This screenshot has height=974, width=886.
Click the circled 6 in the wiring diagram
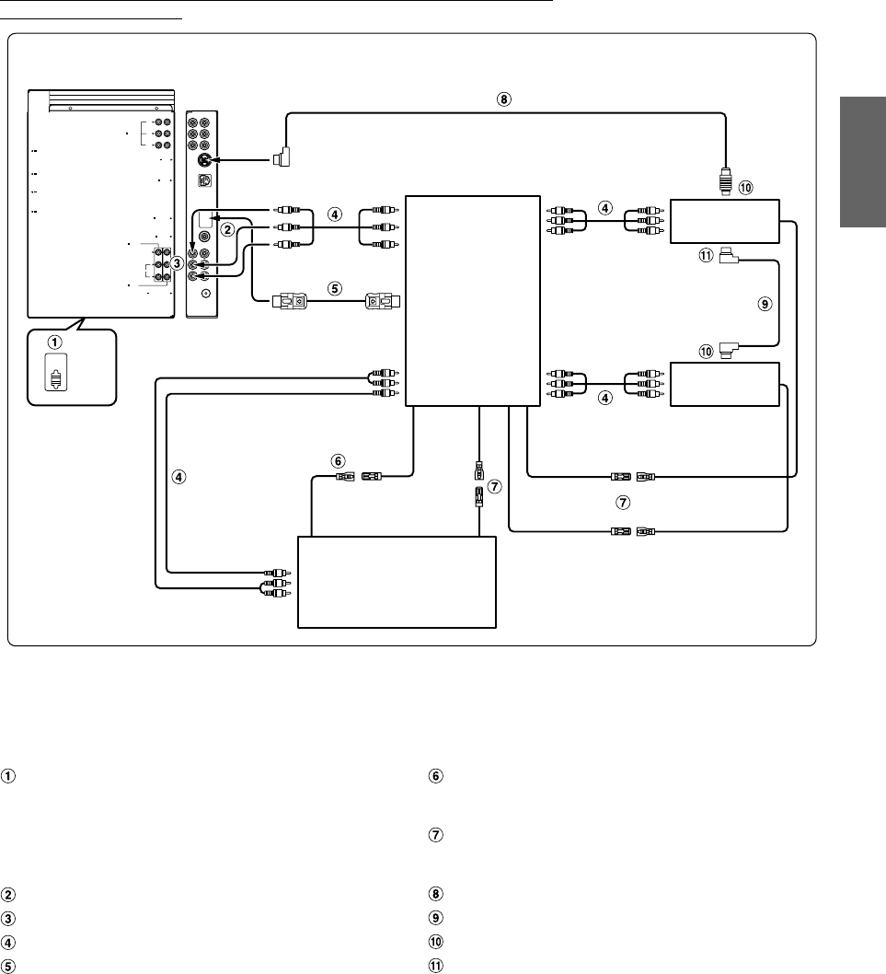click(x=338, y=459)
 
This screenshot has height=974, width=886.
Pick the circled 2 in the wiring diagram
click(x=226, y=229)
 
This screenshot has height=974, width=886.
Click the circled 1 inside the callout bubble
click(x=55, y=342)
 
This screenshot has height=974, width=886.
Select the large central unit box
click(x=471, y=299)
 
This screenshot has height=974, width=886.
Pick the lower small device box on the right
click(x=726, y=384)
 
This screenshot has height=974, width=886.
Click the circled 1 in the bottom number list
click(x=7, y=775)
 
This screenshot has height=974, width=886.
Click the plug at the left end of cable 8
click(x=282, y=160)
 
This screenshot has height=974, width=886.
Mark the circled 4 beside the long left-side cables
click(x=180, y=477)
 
